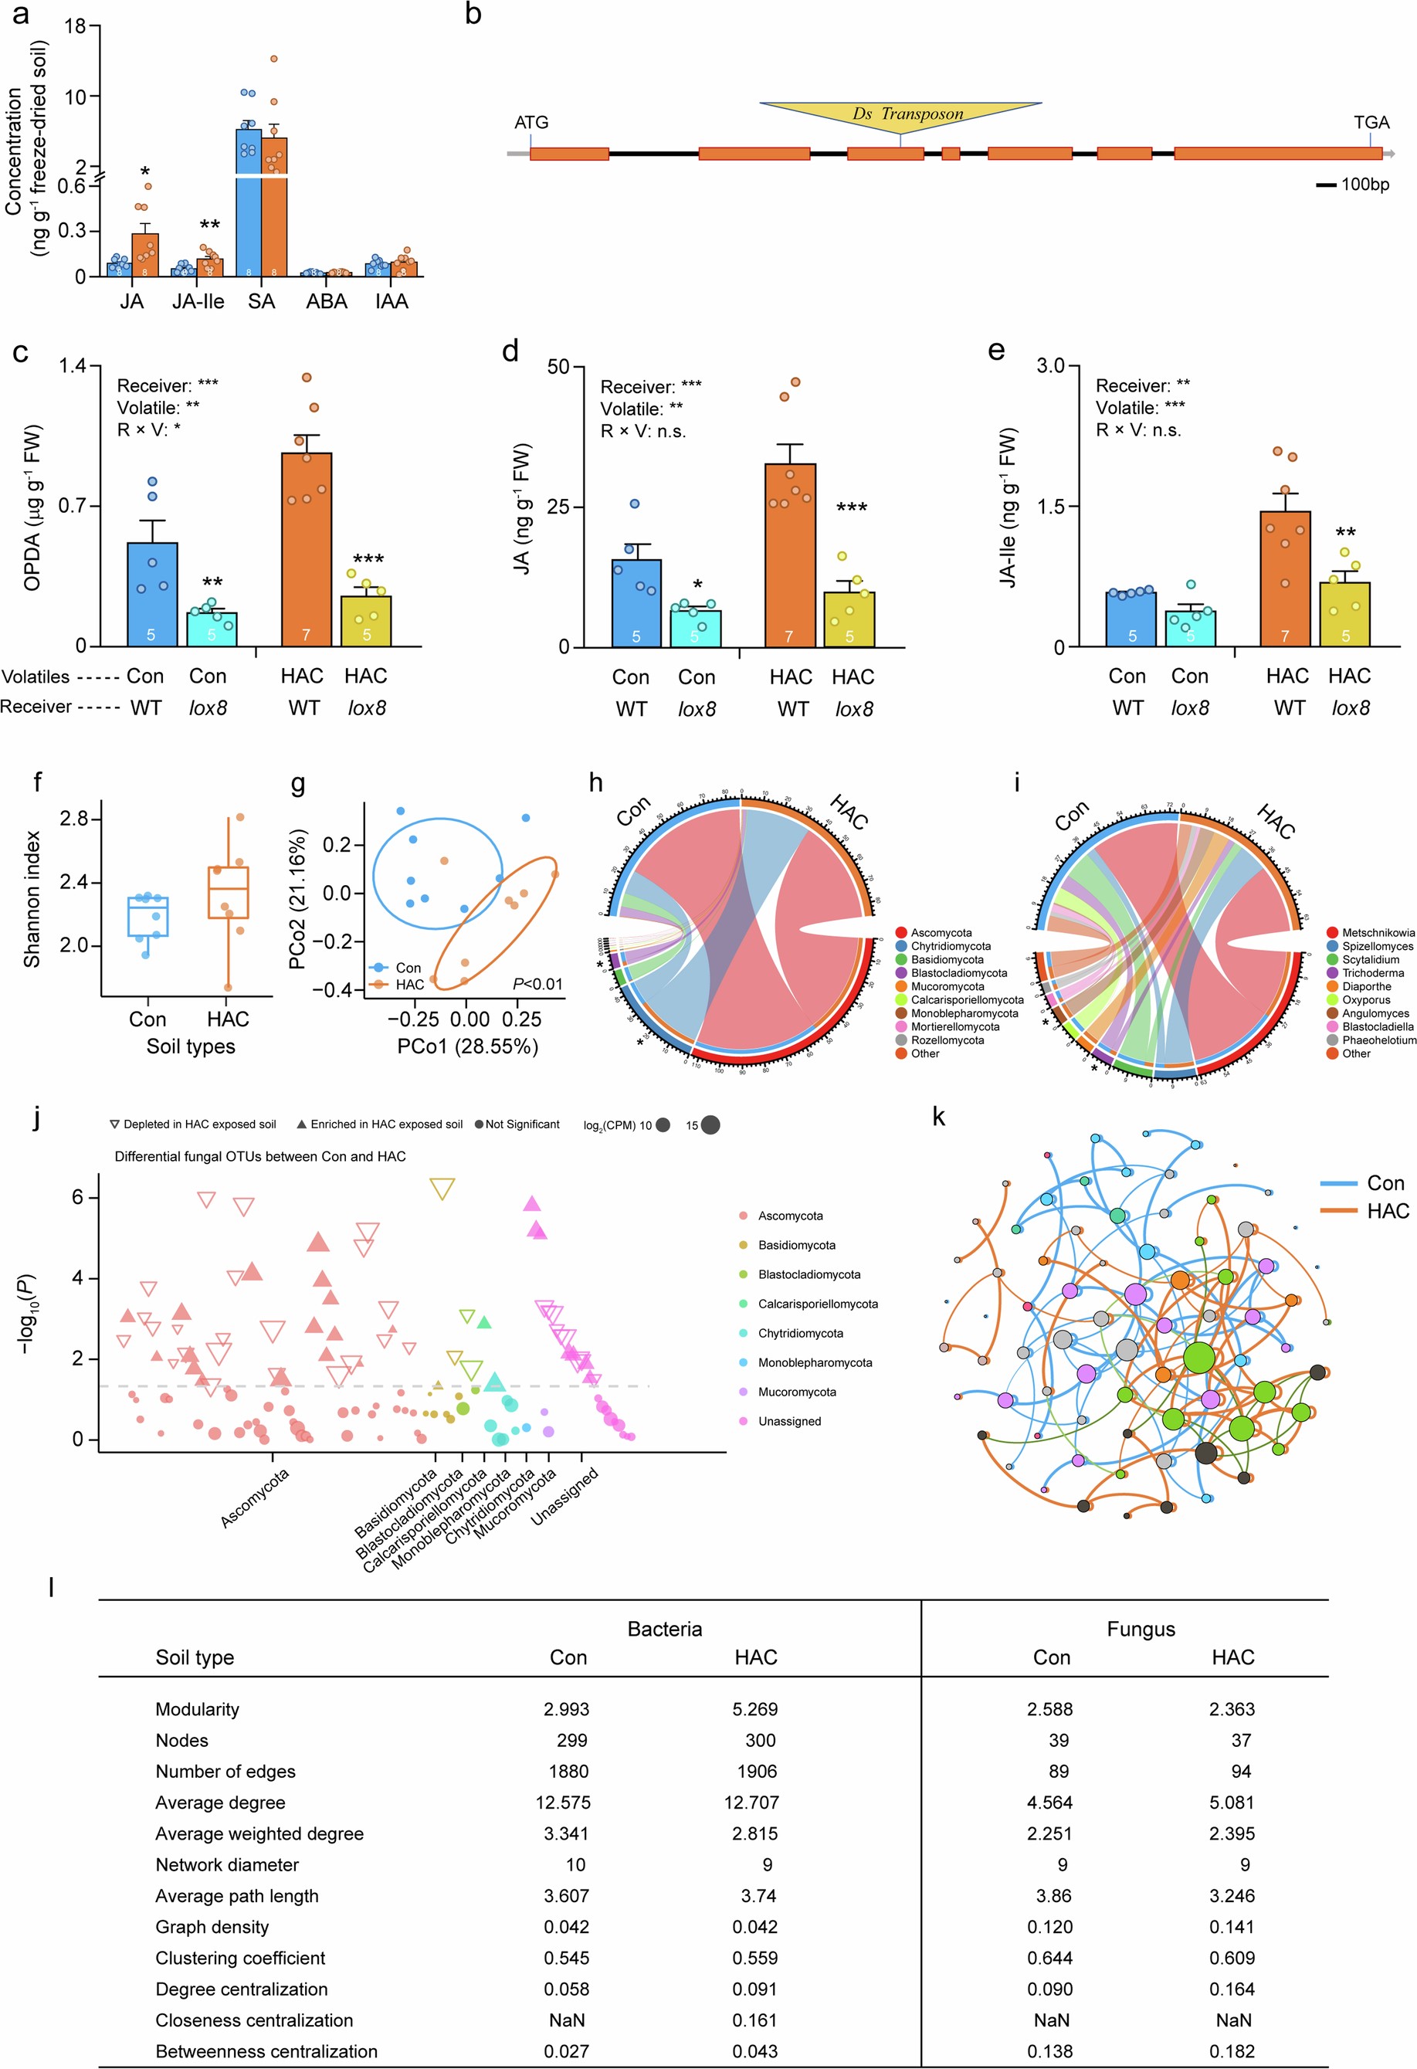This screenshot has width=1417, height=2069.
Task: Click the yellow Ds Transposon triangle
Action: tap(900, 115)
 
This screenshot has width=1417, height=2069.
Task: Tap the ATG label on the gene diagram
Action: tap(531, 123)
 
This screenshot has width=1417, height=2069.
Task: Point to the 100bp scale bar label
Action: tap(1364, 185)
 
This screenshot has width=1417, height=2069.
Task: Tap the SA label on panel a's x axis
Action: tap(261, 302)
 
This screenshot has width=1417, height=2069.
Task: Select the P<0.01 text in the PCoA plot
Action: tap(537, 984)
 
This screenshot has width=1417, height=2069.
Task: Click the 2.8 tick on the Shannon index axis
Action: tap(74, 818)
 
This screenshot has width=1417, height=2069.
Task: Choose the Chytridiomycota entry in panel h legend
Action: tap(950, 946)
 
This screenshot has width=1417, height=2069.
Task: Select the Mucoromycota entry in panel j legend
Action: tap(795, 1392)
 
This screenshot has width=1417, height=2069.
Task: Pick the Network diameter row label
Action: tap(227, 1864)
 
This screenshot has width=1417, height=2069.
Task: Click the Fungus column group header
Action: tap(1141, 1628)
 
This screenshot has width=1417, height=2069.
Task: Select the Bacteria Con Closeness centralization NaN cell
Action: tap(567, 2020)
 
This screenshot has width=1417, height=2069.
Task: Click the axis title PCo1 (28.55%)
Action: tap(467, 1046)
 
